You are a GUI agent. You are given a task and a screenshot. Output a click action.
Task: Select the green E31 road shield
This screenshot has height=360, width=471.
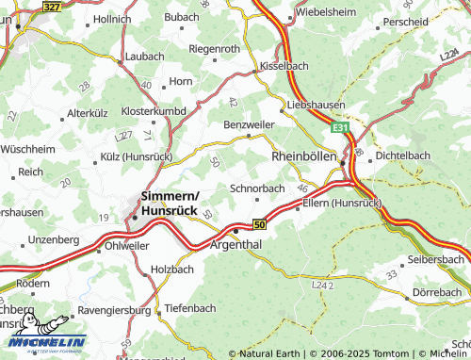[341, 124]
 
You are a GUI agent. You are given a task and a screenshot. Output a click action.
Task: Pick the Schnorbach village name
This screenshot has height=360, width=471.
[257, 188]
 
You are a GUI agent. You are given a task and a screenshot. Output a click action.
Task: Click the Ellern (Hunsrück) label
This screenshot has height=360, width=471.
[342, 202]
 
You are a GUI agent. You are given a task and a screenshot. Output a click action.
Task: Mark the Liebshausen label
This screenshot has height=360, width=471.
[316, 105]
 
